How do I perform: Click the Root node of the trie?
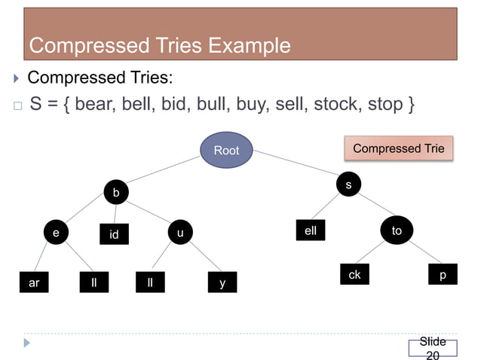(226, 150)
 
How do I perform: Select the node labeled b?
(115, 194)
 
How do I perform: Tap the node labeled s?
(348, 185)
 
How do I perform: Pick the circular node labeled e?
(55, 233)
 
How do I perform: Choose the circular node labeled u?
(179, 233)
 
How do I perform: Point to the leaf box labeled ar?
(34, 283)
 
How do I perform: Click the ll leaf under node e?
(94, 283)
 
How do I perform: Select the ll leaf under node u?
(151, 283)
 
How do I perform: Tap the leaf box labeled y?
(222, 283)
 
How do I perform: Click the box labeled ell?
(311, 231)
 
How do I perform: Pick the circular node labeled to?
(397, 230)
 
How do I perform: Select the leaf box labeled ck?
(354, 275)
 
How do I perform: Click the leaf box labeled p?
(443, 275)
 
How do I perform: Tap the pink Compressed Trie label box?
(399, 148)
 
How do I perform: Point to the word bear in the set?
(96, 103)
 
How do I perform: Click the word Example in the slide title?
(249, 46)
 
